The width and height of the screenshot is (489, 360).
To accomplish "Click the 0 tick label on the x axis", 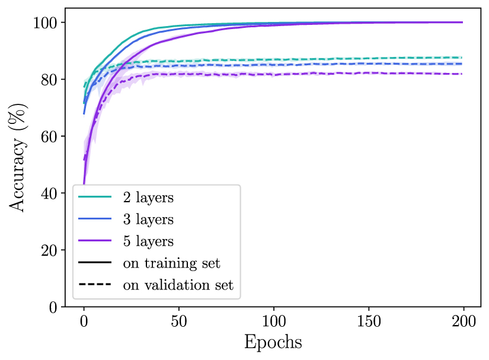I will pyautogui.click(x=84, y=323).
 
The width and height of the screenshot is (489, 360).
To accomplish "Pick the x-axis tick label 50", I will pyautogui.click(x=178, y=323).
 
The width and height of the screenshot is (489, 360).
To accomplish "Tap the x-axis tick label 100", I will pyautogui.click(x=273, y=323).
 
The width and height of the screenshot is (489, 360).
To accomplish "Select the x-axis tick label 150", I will pyautogui.click(x=368, y=323).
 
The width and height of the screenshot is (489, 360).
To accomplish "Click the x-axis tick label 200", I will pyautogui.click(x=463, y=323).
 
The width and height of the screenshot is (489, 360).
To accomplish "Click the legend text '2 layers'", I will pyautogui.click(x=148, y=198).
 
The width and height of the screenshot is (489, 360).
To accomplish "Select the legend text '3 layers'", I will pyautogui.click(x=148, y=219).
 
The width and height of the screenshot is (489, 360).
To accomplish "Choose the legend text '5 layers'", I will pyautogui.click(x=148, y=241).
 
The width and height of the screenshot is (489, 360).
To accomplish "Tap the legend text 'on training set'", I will pyautogui.click(x=171, y=263).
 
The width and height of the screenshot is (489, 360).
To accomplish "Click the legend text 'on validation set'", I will pyautogui.click(x=178, y=285).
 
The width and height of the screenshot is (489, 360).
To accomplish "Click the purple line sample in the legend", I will pyautogui.click(x=95, y=241).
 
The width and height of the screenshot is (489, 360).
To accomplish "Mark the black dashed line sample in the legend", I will pyautogui.click(x=95, y=285).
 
